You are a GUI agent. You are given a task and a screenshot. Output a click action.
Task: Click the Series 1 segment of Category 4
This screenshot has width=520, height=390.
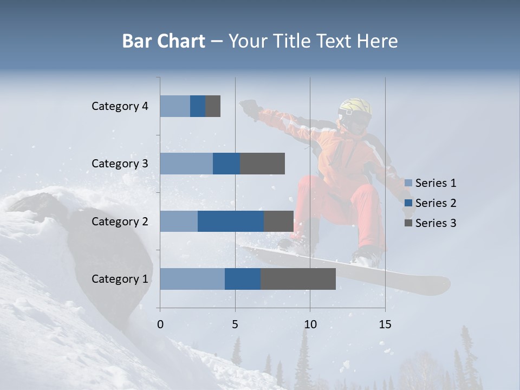(175, 106)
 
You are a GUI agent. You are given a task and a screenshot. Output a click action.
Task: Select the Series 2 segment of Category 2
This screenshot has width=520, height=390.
(231, 221)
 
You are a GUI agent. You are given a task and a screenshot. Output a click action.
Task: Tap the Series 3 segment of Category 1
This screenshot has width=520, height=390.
(298, 279)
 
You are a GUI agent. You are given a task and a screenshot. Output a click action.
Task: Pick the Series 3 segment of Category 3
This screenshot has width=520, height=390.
(262, 164)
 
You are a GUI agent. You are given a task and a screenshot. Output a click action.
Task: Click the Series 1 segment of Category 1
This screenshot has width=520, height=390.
(192, 279)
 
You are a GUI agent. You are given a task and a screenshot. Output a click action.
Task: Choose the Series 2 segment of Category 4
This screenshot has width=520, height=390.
(198, 106)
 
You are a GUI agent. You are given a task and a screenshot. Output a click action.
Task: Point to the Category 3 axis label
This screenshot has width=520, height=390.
(120, 164)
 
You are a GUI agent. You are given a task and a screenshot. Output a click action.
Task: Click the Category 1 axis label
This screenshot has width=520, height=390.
(120, 279)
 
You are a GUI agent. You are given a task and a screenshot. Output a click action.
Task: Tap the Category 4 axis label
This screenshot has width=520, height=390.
(120, 106)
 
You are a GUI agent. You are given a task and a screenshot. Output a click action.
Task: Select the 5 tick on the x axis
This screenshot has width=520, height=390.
(235, 324)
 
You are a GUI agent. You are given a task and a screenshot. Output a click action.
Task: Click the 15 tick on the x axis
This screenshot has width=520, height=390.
(385, 324)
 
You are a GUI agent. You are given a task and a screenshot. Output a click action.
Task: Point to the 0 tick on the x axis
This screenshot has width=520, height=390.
(160, 324)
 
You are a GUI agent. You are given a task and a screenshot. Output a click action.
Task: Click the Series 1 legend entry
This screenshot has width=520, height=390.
(431, 183)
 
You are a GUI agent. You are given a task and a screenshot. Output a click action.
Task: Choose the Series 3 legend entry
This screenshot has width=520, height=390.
(431, 223)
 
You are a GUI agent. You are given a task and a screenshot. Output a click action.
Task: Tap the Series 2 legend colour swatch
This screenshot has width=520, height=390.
(408, 203)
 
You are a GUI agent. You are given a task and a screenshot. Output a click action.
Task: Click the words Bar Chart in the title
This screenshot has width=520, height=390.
(164, 41)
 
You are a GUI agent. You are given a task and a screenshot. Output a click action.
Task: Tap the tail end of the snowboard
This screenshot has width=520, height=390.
(439, 285)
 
